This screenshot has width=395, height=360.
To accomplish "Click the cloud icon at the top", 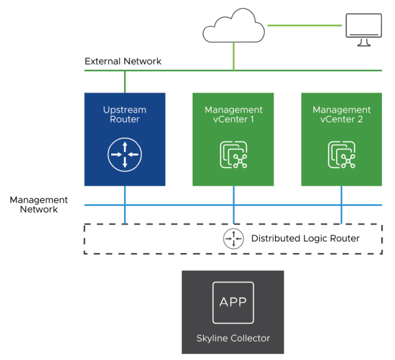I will coord(233,26).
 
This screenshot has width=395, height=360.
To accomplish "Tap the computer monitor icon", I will coord(363,29).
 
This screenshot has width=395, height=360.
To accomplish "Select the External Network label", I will coord(123,62).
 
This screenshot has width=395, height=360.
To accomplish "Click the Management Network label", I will coord(38,204).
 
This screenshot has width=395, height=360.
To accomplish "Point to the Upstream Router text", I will coord(125,115).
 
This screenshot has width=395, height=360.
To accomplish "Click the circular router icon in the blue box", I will coord(125,154).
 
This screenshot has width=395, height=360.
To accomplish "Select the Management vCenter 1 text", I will coord(233,115).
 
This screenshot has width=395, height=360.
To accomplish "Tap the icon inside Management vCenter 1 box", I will coord(233,155).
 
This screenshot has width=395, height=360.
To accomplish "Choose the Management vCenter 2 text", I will coord(342,115).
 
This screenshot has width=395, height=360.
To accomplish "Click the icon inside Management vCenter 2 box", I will coord(342,155).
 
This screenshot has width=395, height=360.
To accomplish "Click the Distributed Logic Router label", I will coord(305,239).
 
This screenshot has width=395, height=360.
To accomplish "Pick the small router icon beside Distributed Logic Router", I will coord(234,239).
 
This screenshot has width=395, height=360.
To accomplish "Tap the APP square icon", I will coord(232,302).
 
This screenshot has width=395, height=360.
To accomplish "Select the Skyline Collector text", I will coord(232,338).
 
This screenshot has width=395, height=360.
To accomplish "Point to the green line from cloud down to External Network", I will coord(234,55).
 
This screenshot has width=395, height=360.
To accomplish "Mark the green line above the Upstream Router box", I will coord(125,82).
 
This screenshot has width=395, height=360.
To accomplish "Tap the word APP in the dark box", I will coord(232,302).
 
